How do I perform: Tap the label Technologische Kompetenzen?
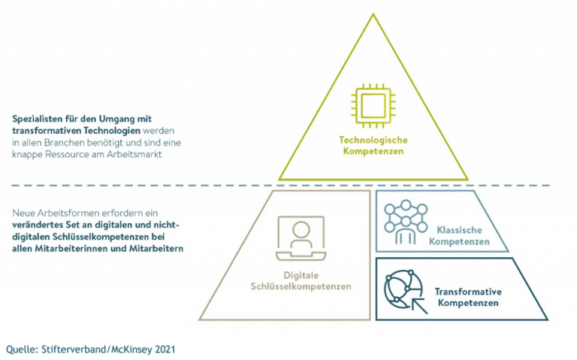[x=373, y=146]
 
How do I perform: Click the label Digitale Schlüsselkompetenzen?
[x=301, y=280]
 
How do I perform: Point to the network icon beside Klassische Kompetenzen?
[x=404, y=221]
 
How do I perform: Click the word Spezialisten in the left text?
[x=37, y=119]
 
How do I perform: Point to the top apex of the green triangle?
[x=373, y=16]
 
